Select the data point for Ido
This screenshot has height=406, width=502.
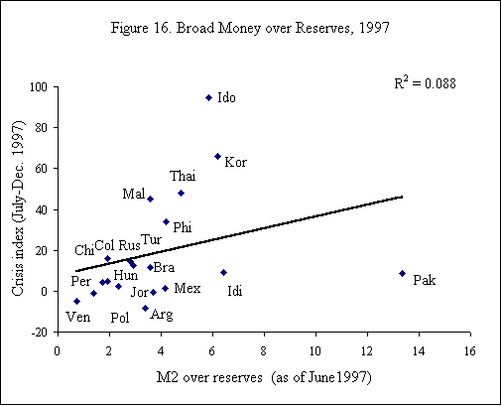point(208,97)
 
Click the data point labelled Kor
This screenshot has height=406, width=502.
point(217,156)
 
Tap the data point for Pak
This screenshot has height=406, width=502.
point(402,273)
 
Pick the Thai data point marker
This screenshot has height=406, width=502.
point(181,193)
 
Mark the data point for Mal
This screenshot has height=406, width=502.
point(150,199)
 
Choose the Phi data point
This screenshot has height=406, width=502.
point(166,221)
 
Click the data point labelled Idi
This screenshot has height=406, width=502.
point(223,272)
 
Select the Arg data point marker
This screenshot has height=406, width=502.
point(145,308)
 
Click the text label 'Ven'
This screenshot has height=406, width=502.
point(76,318)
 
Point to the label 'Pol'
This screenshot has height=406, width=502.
point(120,318)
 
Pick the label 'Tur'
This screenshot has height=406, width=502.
point(151,239)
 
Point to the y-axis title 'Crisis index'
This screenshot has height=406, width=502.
point(17,209)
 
